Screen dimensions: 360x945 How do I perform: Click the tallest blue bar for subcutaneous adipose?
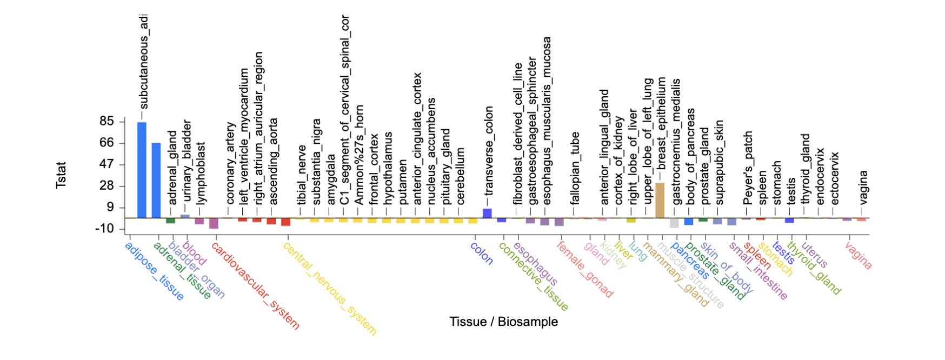pos(142,170)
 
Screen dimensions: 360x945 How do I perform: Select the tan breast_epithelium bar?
pos(660,201)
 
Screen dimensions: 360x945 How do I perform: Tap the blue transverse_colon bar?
pos(487,214)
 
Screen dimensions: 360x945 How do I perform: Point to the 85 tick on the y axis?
pos(107,121)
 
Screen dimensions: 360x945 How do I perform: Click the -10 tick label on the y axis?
pos(105,229)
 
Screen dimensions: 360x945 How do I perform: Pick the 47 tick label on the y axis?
pos(107,164)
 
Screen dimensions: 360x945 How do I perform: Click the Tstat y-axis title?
pos(61,175)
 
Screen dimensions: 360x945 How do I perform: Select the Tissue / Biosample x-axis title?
pos(503,322)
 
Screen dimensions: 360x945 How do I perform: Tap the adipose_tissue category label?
pos(154,270)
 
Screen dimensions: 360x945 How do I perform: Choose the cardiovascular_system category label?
pos(255,285)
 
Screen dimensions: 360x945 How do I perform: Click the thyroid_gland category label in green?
pos(814,268)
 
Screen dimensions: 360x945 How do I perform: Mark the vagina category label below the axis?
pos(858,255)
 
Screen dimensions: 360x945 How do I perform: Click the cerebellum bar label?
pos(460,176)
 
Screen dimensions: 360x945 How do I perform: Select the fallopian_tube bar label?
pos(575,168)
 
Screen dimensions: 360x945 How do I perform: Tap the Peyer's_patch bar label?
pos(748,168)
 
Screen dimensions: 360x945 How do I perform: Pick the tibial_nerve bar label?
pos(302,175)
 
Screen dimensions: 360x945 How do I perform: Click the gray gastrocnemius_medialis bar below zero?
pos(674,223)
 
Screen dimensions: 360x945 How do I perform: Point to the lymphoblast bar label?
pos(201,174)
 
